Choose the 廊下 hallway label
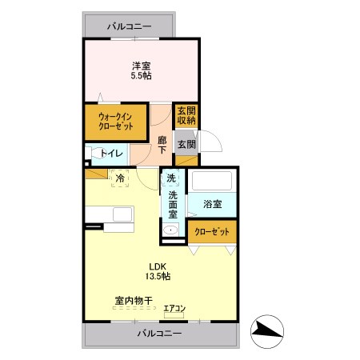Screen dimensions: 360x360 [x=162, y=145]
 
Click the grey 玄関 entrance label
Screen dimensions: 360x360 [x=186, y=145]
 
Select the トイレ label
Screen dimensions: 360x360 [x=110, y=153]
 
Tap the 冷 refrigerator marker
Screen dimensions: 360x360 [x=119, y=178]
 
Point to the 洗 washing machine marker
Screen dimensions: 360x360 [x=172, y=178]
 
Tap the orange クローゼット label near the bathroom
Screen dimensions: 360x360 [x=213, y=231]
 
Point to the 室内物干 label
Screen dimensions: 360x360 [x=131, y=301]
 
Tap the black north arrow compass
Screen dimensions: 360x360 [x=266, y=329]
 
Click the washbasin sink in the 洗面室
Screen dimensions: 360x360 [x=169, y=230]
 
